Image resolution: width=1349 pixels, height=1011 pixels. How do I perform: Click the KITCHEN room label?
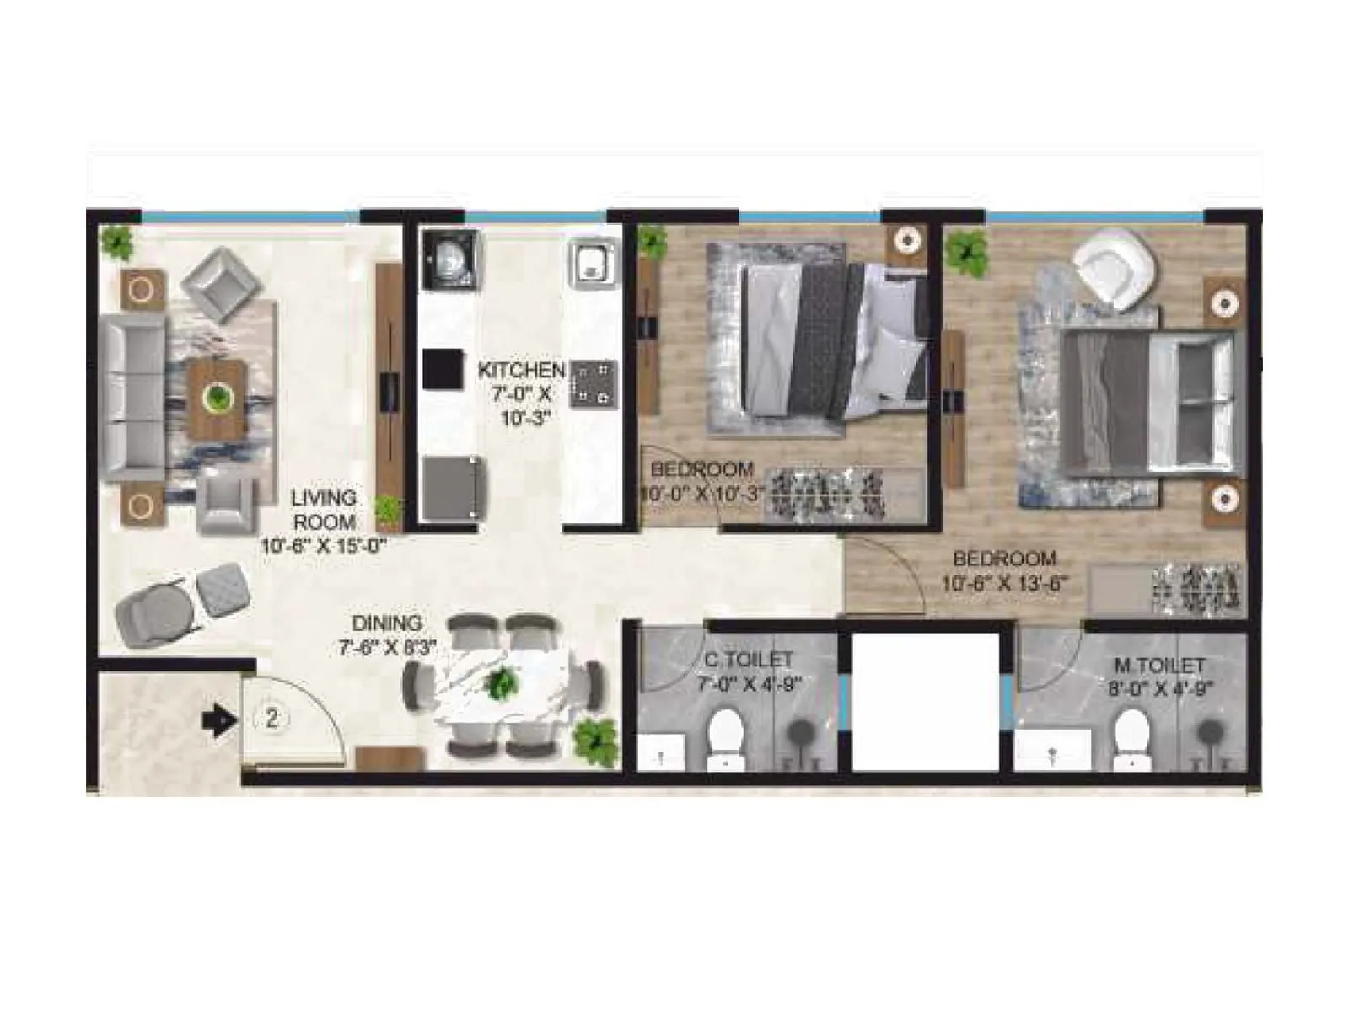click(521, 370)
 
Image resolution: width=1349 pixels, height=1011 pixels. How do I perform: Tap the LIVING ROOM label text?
click(325, 510)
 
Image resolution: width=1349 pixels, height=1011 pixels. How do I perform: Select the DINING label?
click(387, 623)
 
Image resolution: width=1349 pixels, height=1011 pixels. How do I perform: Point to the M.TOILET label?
click(1159, 666)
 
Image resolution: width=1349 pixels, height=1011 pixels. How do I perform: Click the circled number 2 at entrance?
click(271, 719)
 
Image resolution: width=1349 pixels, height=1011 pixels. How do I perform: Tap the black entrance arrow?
click(218, 720)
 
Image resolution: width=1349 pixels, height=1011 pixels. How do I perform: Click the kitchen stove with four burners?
click(594, 385)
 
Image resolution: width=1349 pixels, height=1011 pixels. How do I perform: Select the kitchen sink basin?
click(592, 260)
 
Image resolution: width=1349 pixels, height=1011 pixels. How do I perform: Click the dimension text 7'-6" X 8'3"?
click(388, 647)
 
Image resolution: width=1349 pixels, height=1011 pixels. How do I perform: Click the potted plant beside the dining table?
click(596, 741)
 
